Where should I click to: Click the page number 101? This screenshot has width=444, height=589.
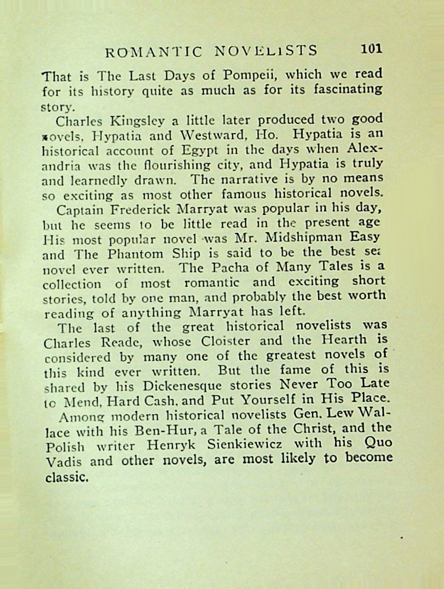(x=371, y=49)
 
